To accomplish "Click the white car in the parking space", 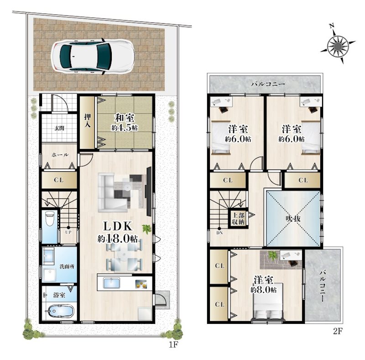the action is (93, 57).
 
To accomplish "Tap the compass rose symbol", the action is (338, 44).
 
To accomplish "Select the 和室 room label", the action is (125, 118).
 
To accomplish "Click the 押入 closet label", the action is (88, 120).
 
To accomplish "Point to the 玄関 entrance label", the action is (60, 128).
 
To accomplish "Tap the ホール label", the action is (60, 155).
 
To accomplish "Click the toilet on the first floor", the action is (50, 218).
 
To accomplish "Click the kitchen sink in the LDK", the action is (111, 284).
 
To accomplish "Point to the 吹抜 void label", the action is (293, 218).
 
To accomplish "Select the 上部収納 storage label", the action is (238, 218).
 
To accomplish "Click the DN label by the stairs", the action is (219, 233).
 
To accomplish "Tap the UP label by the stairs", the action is (68, 232).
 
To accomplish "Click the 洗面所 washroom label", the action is (67, 266).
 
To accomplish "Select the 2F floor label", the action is (338, 331).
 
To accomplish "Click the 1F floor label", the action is (173, 344).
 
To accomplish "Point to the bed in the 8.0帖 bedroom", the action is (268, 303).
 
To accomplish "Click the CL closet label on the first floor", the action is (59, 180).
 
